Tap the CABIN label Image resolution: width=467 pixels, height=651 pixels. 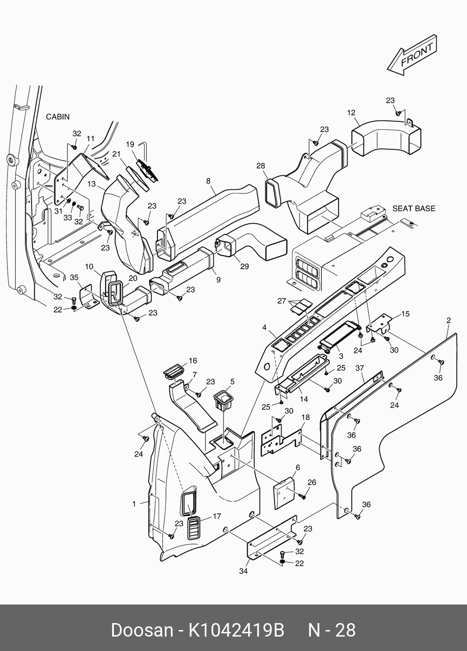tap(58, 117)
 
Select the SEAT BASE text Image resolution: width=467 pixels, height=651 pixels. tap(414, 208)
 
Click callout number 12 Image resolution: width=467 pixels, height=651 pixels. tap(351, 113)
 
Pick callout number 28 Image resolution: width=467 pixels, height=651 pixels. tap(260, 166)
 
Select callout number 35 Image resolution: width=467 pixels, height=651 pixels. tap(74, 278)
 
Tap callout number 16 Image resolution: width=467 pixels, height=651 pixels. tap(192, 361)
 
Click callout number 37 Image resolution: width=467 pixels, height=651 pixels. tap(360, 368)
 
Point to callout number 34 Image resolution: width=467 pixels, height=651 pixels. tap(243, 571)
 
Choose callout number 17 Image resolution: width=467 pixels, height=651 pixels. tap(217, 516)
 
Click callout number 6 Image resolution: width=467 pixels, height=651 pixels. tap(297, 467)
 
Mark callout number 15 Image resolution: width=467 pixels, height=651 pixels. tap(405, 314)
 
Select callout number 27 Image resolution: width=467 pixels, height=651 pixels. tap(282, 301)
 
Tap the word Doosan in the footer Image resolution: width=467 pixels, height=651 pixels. tap(141, 630)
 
